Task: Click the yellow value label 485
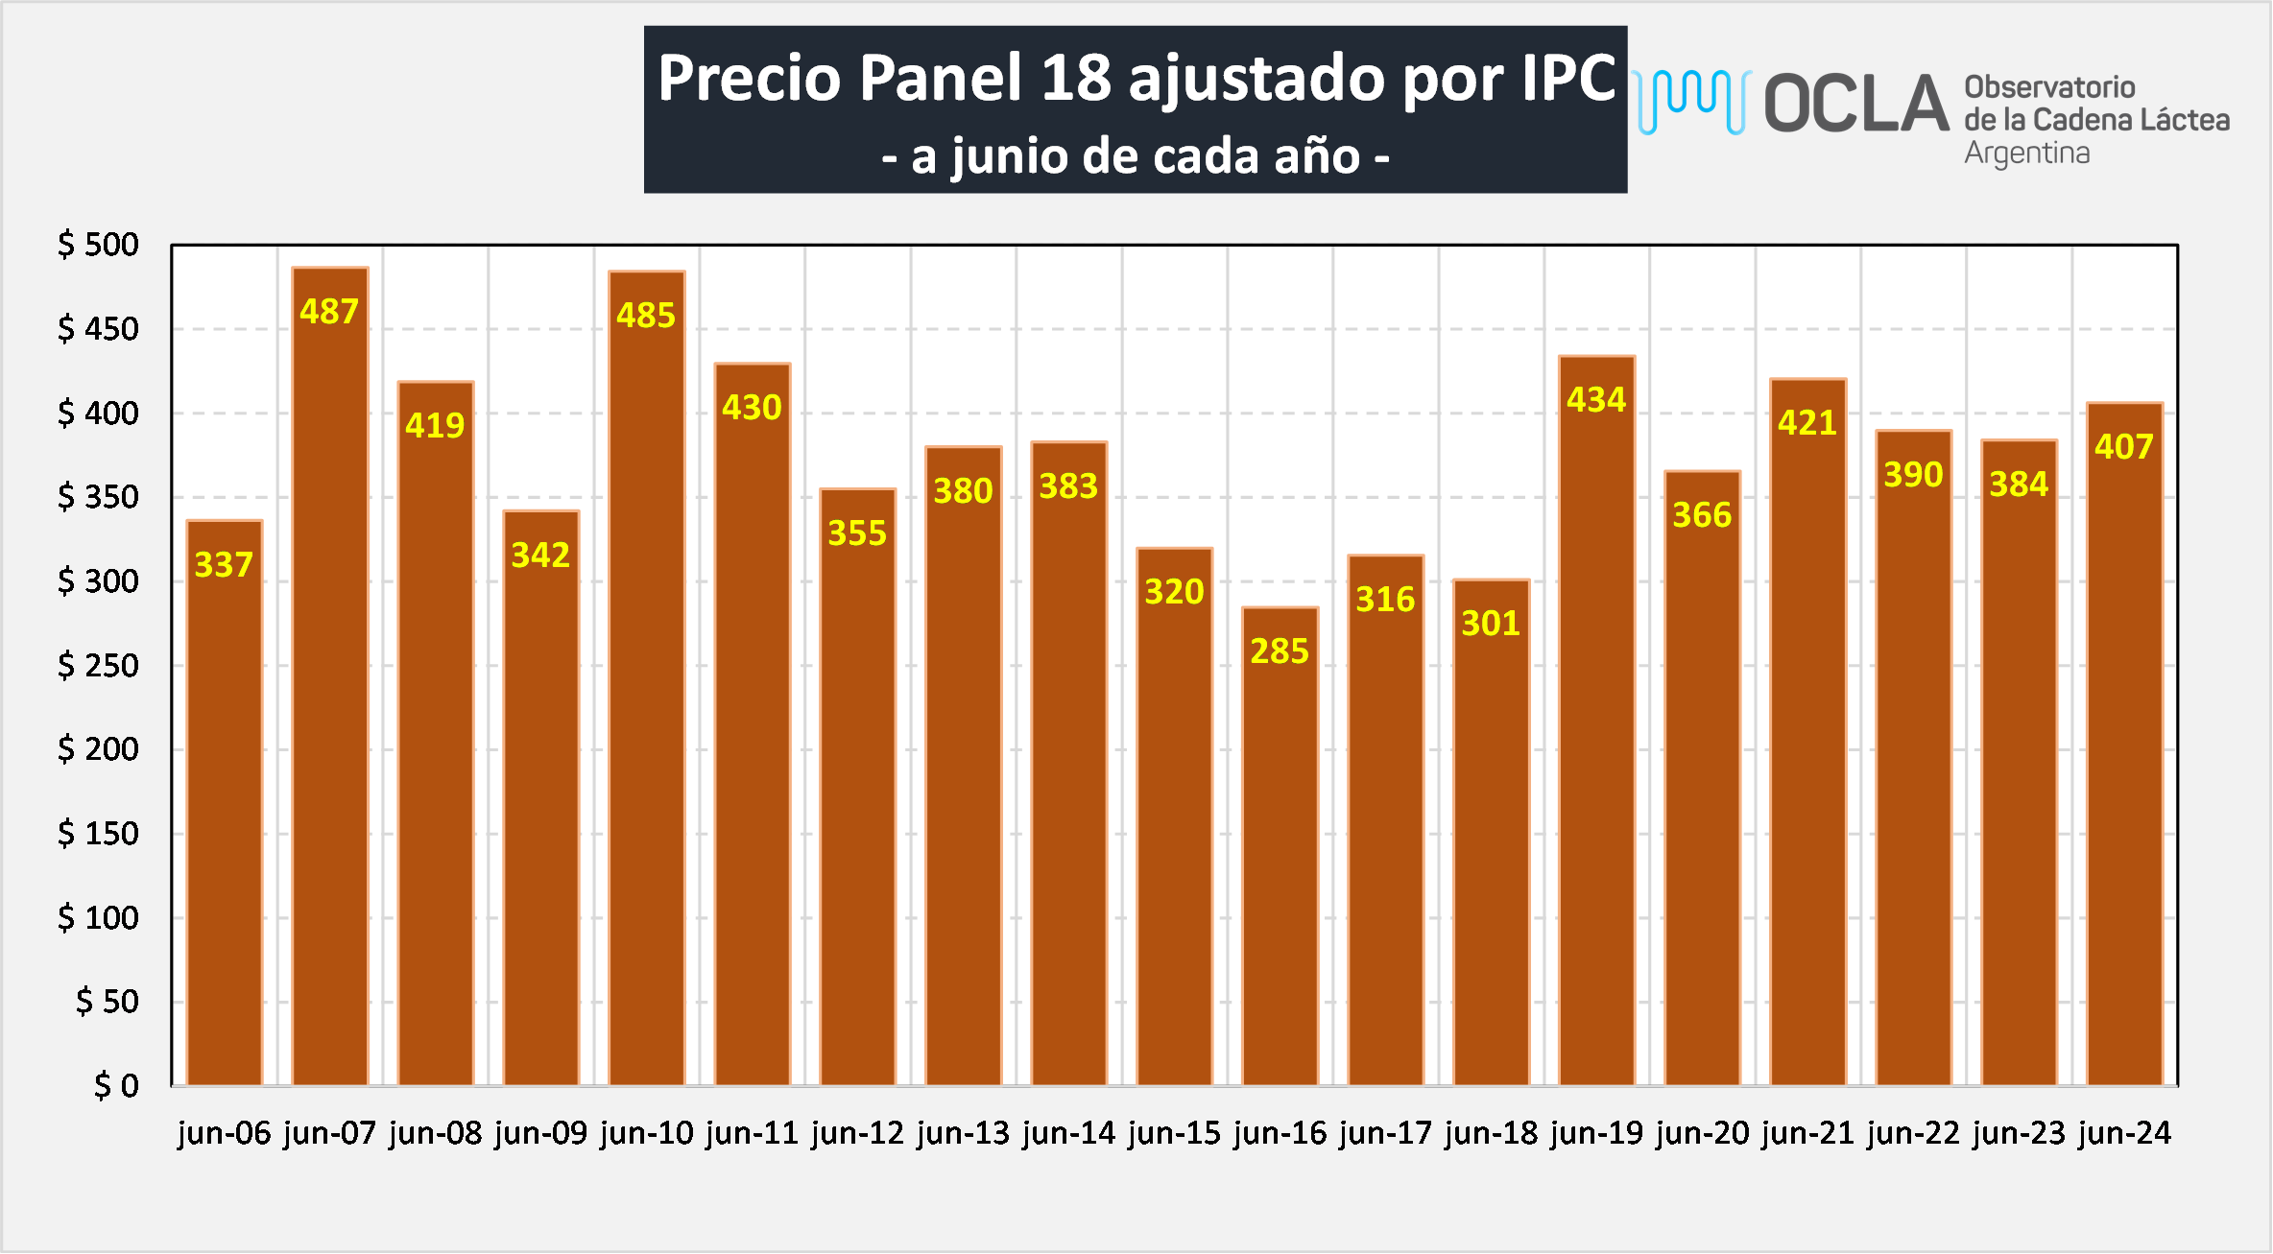646,316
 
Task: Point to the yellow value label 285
1280,651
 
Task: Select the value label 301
1491,624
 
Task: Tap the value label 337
224,565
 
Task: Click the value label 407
2124,447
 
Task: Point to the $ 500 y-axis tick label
98,245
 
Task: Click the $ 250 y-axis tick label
98,665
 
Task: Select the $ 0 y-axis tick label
116,1085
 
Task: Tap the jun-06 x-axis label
225,1133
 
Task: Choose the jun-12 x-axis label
857,1133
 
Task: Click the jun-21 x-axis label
1807,1133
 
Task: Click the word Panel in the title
940,78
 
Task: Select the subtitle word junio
1009,156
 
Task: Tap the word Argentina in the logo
2026,154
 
